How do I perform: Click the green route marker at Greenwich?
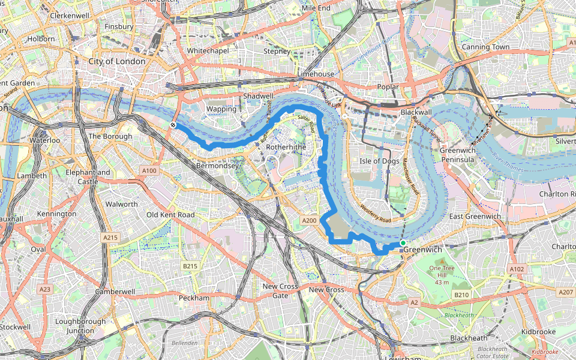[403, 243]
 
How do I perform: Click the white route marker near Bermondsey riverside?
[173, 125]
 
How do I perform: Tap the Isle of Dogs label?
[379, 161]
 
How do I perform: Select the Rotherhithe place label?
[286, 146]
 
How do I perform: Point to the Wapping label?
[221, 109]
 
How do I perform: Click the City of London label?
[116, 61]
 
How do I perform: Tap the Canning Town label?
[485, 47]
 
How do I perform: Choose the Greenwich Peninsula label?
[458, 155]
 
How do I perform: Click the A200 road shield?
[309, 221]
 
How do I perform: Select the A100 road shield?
[149, 171]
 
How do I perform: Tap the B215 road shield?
[190, 266]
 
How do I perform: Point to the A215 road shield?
[110, 238]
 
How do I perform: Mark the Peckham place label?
[194, 298]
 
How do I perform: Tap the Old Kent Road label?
[171, 215]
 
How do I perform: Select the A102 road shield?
[516, 269]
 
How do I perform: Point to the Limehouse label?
[316, 74]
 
